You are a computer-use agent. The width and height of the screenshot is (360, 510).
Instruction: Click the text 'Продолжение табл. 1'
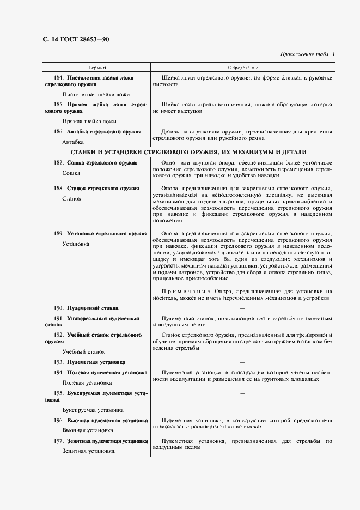point(308,54)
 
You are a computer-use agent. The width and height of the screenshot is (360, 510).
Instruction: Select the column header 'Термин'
point(97,68)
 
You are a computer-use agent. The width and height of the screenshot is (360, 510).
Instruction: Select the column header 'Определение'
point(243,68)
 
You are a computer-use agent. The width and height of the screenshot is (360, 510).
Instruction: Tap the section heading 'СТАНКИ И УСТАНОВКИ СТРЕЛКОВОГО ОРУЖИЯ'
point(189,152)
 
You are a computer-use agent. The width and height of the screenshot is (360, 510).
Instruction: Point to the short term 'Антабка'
point(73,142)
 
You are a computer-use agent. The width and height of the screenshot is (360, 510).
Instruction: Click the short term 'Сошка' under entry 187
point(72,173)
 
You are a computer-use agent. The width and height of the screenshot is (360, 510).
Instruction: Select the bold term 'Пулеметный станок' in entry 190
point(93,308)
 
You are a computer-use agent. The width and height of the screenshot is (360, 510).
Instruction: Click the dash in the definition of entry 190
point(242,308)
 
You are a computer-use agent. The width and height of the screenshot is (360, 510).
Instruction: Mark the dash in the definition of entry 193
point(242,362)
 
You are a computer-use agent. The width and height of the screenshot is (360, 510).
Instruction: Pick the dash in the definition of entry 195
point(242,393)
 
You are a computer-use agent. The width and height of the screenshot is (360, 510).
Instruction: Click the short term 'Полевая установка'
point(87,383)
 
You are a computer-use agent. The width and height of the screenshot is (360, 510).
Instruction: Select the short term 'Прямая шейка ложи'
point(89,121)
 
